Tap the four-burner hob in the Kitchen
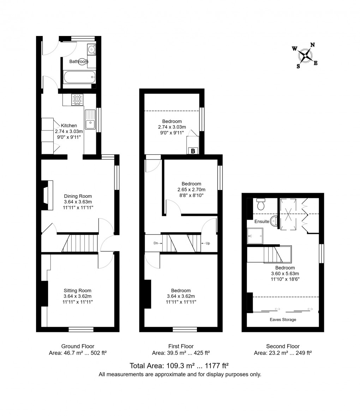coord(77,99)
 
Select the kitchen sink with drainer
coord(90,119)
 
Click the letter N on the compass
coord(312,45)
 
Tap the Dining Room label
coord(78,196)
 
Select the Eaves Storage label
coord(283,319)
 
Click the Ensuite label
coord(262,222)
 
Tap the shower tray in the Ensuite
coord(255,235)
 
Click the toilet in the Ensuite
coord(261,204)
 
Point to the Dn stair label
coord(156,243)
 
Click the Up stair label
coord(208,243)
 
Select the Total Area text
coord(180,365)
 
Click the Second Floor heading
coord(283,346)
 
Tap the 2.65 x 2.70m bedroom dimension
coord(191,189)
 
